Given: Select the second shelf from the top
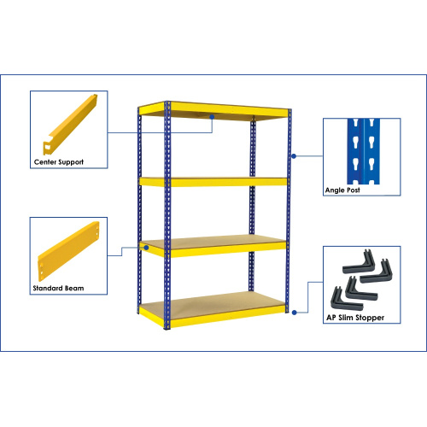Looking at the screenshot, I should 213,181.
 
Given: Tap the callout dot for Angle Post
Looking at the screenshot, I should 294,155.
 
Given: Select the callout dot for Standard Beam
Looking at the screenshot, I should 146,248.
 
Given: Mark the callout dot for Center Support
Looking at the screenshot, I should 213,120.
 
